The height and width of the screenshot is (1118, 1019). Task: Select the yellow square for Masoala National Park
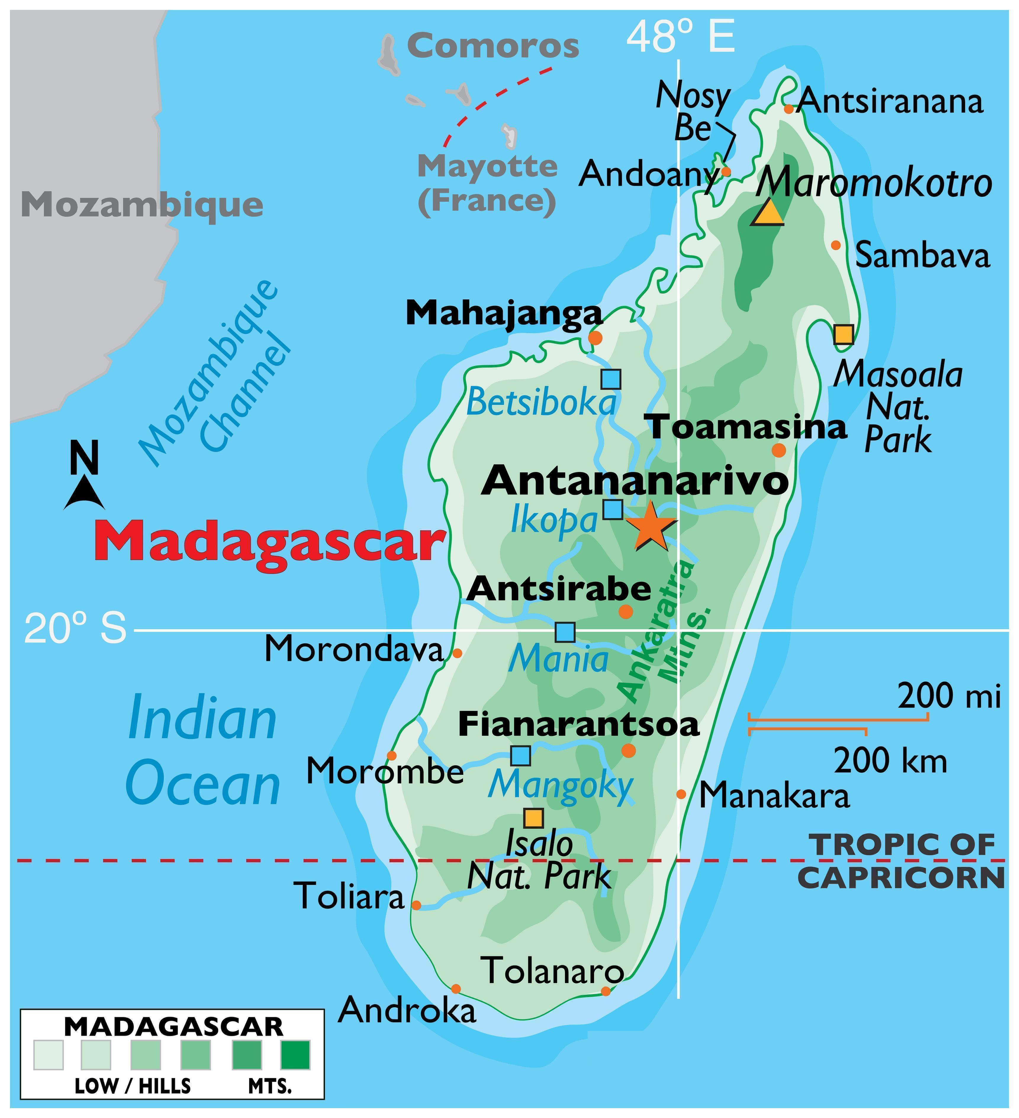[843, 334]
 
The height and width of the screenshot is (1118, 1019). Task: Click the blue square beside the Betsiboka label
[611, 379]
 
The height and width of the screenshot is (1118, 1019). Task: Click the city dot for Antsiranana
[788, 109]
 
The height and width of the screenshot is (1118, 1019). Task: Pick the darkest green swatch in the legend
[295, 1055]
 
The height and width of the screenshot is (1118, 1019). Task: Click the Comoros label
[493, 46]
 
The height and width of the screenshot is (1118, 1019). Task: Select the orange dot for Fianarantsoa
[628, 750]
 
